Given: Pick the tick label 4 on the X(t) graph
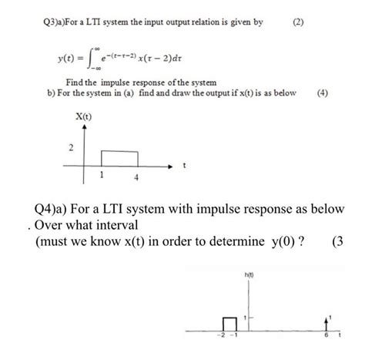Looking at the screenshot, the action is click(x=136, y=177).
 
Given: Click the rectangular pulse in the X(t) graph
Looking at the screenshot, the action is click(x=119, y=160).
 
